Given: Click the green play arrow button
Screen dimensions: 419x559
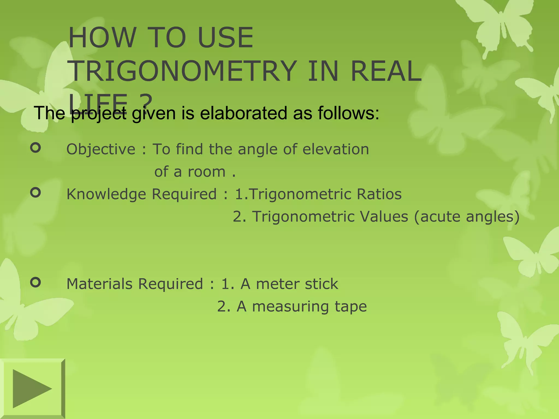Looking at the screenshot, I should pos(32,388).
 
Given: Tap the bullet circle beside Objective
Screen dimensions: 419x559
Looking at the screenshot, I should pos(35,148).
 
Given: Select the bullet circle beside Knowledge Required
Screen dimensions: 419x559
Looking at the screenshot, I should pos(35,193).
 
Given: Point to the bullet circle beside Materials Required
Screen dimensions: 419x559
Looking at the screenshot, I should pos(35,282).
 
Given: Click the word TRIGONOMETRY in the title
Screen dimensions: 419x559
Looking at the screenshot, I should pos(183,71).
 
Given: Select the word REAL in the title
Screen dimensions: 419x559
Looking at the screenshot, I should pos(386,71).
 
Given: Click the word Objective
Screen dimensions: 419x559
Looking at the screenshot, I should pos(101,149).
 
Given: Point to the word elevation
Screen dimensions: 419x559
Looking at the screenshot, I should pos(335,149).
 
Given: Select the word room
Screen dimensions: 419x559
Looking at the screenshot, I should pos(206,172).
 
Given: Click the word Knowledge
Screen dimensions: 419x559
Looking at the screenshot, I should pos(106,194).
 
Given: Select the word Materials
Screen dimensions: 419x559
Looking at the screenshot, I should pos(100,284).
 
